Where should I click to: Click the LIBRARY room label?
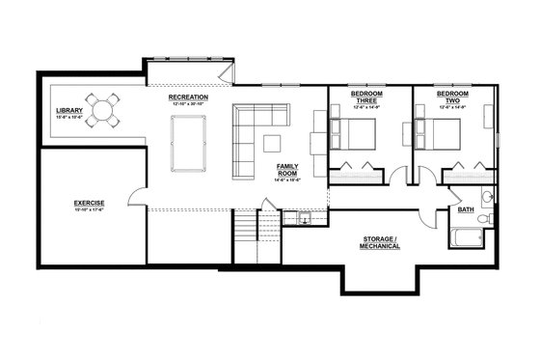[x=69, y=110]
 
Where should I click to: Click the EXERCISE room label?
[x=89, y=202]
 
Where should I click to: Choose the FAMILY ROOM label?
[x=287, y=170]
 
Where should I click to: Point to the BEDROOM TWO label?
[x=452, y=97]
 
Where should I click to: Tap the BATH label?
[x=466, y=209]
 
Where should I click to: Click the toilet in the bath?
[x=487, y=198]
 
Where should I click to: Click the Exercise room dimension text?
[x=89, y=209]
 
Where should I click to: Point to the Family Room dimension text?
[x=287, y=180]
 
